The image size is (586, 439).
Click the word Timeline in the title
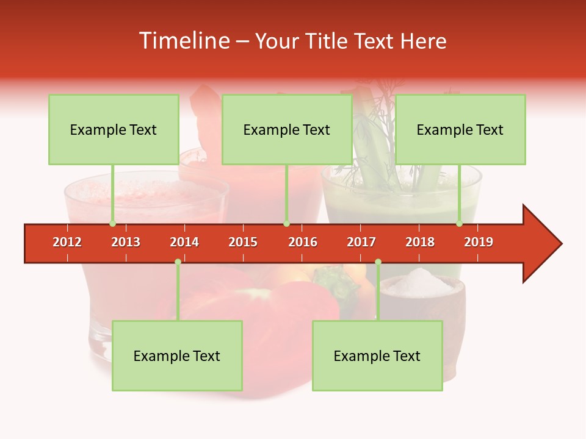point(185,41)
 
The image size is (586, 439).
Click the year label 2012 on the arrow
point(67,242)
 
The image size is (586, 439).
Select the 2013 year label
point(126,242)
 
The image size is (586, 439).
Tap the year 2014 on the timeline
point(184,242)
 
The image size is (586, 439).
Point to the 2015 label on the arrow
point(243,242)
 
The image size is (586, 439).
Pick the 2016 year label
point(303,242)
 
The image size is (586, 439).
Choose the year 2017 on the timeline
point(361,242)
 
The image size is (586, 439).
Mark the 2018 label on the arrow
point(420,242)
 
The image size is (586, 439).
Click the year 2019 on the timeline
point(479,242)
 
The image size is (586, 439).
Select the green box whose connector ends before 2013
point(114,129)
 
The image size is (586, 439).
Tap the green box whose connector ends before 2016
point(287,129)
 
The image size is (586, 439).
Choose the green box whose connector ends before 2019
point(460,129)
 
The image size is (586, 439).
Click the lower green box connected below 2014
point(177,355)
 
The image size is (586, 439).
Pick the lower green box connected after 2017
point(377,355)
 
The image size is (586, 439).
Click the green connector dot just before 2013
point(112,223)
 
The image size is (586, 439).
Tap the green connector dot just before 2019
point(460,223)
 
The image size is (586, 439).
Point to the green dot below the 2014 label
point(178,262)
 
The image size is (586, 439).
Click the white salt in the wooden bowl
point(419,282)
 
